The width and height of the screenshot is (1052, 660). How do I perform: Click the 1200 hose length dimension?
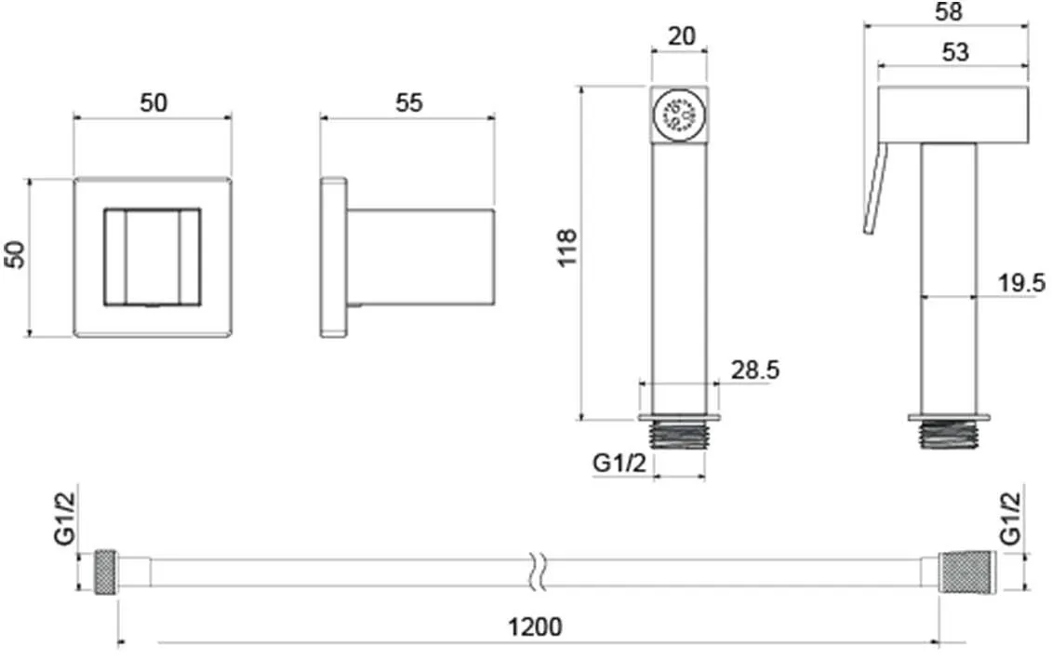click(535, 626)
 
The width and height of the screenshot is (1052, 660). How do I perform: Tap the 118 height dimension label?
click(567, 248)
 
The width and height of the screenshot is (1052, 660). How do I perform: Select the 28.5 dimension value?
click(755, 370)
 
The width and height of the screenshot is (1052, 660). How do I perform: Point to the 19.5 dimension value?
click(1021, 283)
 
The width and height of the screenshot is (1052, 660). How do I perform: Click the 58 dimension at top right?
click(948, 11)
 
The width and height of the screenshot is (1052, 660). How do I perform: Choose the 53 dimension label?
click(955, 52)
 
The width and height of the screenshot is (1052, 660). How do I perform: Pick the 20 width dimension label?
click(682, 35)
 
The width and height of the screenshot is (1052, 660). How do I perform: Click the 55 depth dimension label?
click(408, 102)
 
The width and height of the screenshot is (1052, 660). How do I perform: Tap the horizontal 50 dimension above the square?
click(153, 102)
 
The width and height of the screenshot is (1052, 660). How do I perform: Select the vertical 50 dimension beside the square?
click(15, 254)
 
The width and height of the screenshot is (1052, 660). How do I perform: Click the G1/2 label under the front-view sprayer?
click(619, 463)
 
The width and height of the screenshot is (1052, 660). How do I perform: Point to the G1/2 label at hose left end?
click(65, 519)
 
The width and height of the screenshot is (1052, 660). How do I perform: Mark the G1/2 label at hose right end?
click(1010, 519)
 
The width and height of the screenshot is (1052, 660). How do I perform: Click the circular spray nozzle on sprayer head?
click(678, 114)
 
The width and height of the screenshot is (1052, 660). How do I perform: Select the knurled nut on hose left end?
click(106, 571)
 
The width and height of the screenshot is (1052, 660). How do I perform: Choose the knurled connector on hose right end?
click(966, 571)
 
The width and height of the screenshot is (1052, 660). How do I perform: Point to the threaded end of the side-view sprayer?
click(949, 435)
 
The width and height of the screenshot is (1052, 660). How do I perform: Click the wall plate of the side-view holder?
click(333, 257)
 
